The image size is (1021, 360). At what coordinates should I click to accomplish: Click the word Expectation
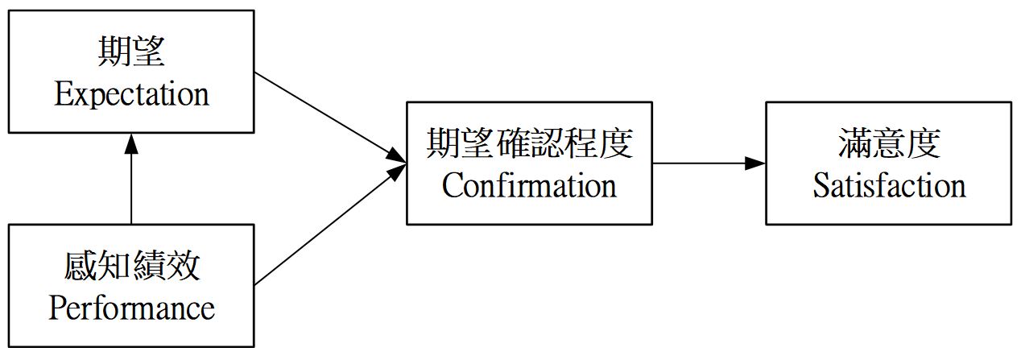coord(131,94)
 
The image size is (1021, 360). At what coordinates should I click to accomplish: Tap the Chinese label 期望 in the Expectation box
coord(131,52)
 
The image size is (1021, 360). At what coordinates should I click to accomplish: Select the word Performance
coord(131,308)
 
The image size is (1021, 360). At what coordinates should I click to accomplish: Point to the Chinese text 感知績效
coord(131,267)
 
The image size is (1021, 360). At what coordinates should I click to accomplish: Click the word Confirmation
coord(529,185)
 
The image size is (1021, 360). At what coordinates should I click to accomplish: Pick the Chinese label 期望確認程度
coord(529,144)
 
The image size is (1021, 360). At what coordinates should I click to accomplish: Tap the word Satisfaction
coord(888,185)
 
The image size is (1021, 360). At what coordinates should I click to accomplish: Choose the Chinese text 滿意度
coord(888,144)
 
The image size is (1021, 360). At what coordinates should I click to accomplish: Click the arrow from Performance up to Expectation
coord(131,181)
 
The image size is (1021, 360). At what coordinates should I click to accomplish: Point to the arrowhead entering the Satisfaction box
coord(755,163)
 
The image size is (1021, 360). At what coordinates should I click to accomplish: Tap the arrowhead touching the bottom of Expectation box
coord(131,143)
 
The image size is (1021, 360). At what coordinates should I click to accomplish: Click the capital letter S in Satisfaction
coord(820,185)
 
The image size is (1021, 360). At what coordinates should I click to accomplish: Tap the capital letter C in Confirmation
coord(451,185)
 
